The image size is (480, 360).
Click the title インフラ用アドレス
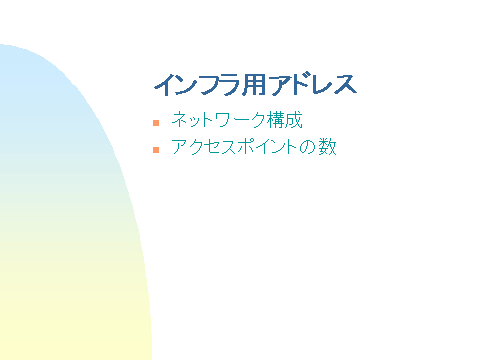tap(255, 84)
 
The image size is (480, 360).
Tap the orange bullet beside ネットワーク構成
tap(156, 122)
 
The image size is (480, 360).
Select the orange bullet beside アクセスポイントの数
tap(156, 149)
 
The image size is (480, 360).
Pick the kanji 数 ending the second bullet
tap(327, 147)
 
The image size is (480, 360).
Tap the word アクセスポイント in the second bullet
tap(234, 147)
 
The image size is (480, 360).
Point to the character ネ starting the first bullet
tap(180, 120)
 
